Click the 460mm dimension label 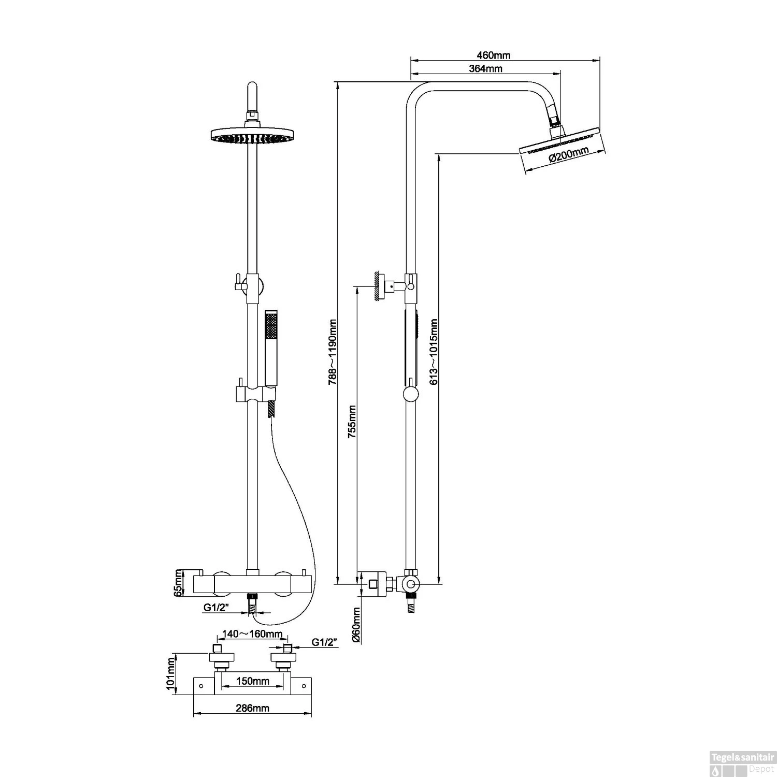point(493,55)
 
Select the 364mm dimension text point(485,69)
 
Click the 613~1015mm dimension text point(434,352)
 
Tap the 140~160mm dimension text point(252,634)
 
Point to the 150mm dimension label point(252,681)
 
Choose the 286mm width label point(252,708)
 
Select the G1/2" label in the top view point(324,642)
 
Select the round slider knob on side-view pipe point(410,395)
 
